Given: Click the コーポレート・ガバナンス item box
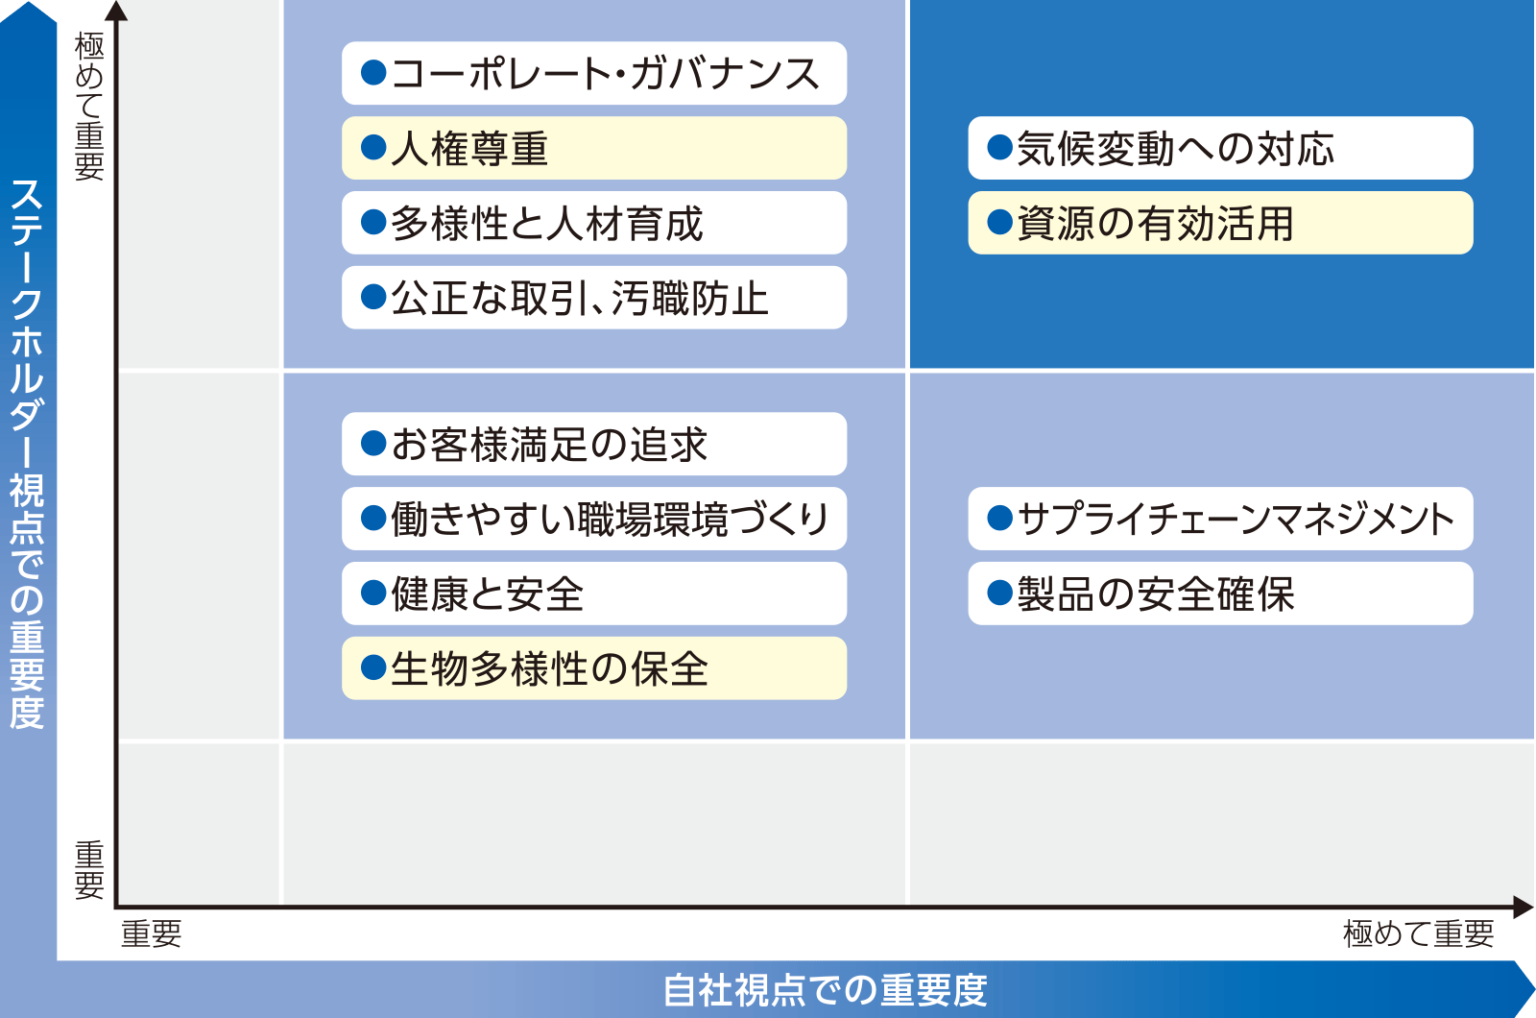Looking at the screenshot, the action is pyautogui.click(x=594, y=73).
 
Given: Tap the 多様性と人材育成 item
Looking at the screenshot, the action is pyautogui.click(x=594, y=223).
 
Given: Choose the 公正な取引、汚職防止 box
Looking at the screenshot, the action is pyautogui.click(x=594, y=298).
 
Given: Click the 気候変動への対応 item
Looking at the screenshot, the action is pyautogui.click(x=1220, y=148).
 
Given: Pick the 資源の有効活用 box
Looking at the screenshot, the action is pyautogui.click(x=1220, y=223).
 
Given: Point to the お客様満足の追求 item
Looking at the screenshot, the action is pyautogui.click(x=594, y=444).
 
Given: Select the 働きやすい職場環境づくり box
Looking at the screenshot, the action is pyautogui.click(x=594, y=519).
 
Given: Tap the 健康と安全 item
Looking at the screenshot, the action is pyautogui.click(x=594, y=594).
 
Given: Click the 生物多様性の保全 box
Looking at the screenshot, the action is pyautogui.click(x=594, y=668).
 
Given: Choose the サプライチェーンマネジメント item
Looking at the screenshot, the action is pyautogui.click(x=1220, y=519).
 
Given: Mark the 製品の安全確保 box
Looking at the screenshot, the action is pyautogui.click(x=1220, y=594).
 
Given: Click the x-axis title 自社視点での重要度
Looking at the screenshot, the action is pyautogui.click(x=825, y=990).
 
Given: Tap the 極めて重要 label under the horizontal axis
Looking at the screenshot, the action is pyautogui.click(x=1418, y=933).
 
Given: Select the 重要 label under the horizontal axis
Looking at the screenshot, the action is pyautogui.click(x=151, y=933).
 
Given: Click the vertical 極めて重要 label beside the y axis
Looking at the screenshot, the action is pyautogui.click(x=89, y=106).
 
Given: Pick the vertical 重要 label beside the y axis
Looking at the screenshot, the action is pyautogui.click(x=89, y=870).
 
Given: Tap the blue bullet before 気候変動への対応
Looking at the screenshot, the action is pyautogui.click(x=999, y=148).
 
